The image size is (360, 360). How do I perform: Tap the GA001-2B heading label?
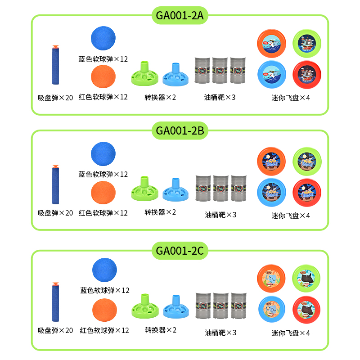180,131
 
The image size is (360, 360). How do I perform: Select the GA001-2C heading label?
180,251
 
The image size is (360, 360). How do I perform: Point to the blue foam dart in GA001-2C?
56,302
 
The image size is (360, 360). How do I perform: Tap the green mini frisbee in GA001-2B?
307,160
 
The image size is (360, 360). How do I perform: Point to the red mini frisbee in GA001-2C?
307,310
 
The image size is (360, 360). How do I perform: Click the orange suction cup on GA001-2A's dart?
55,46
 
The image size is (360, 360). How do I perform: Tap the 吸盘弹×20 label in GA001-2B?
55,213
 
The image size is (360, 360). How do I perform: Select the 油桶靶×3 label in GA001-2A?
220,97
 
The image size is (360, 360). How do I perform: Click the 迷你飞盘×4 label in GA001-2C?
291,333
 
